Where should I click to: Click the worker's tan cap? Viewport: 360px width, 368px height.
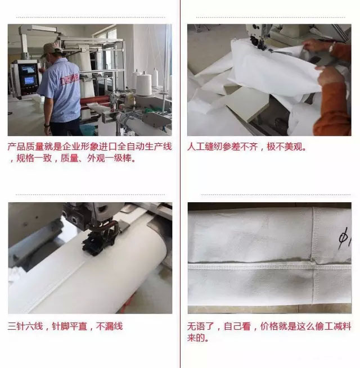click(50, 49)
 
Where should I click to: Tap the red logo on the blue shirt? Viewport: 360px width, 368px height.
click(70, 79)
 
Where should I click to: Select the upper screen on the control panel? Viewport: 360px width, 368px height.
click(28, 69)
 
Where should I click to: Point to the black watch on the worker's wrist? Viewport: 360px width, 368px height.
click(47, 125)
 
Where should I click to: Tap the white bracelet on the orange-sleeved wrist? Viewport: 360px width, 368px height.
click(331, 48)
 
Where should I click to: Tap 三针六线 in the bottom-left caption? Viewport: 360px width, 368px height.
click(25, 326)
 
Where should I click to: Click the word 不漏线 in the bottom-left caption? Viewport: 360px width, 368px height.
click(109, 326)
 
